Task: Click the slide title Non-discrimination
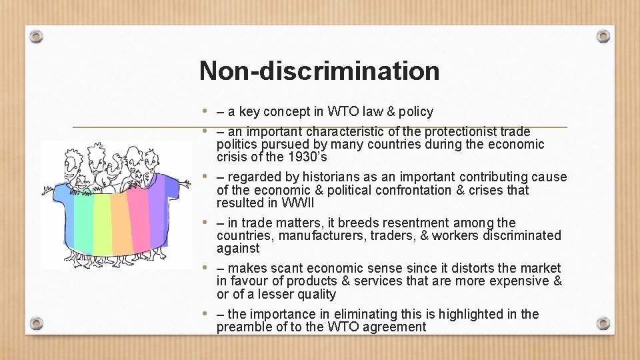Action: point(319,70)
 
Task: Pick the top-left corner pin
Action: point(37,36)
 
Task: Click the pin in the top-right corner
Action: point(603,36)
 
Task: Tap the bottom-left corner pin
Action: point(37,324)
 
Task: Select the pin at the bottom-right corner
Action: point(603,324)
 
